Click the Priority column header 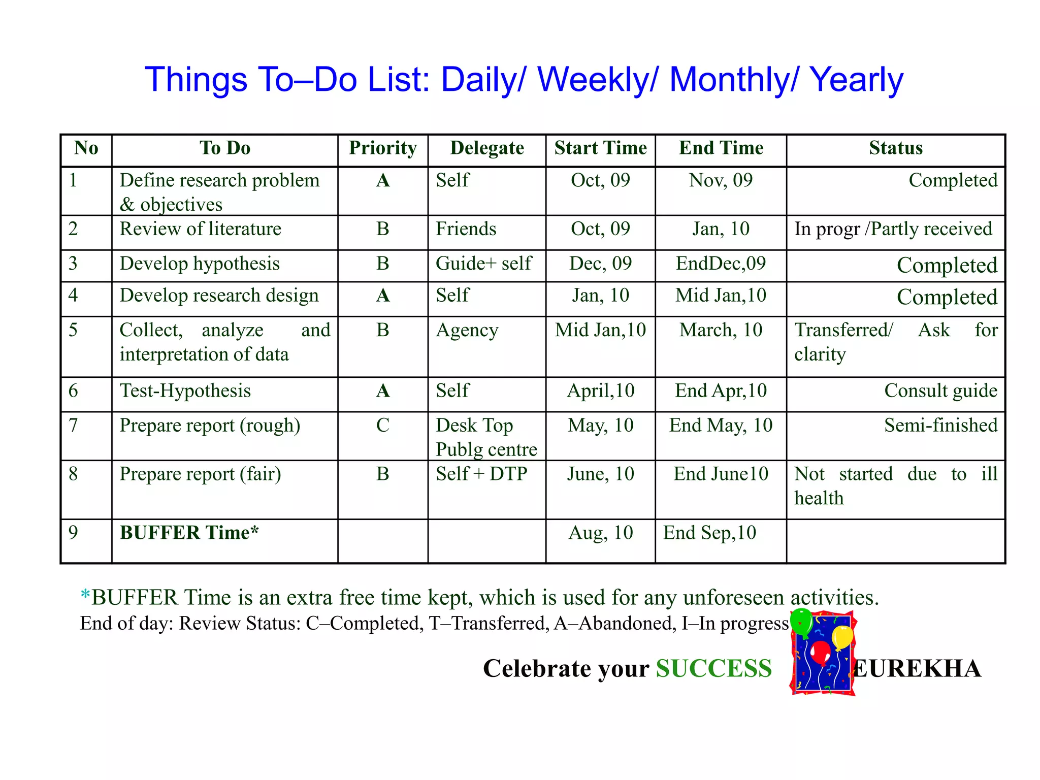382,148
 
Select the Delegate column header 486,148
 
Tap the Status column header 895,148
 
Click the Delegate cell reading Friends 466,229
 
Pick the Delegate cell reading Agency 467,331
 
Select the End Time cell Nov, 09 720,180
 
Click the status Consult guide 940,391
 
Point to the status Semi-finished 940,425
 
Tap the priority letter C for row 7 382,425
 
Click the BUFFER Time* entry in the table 189,533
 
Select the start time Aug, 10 600,533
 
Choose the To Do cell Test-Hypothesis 185,391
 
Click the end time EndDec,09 720,264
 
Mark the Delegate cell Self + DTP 481,474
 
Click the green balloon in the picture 802,621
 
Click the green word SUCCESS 713,668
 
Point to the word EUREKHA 918,668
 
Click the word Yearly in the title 856,80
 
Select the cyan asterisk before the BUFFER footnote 85,595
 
